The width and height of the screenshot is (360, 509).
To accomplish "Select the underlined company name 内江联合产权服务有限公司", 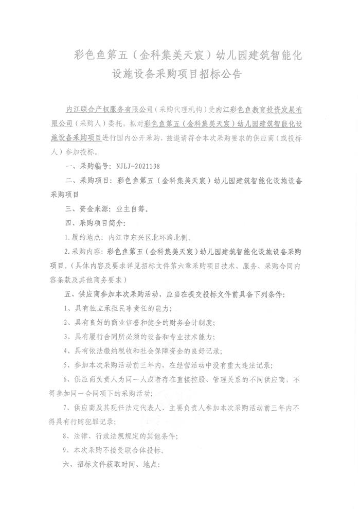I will click(x=111, y=110).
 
